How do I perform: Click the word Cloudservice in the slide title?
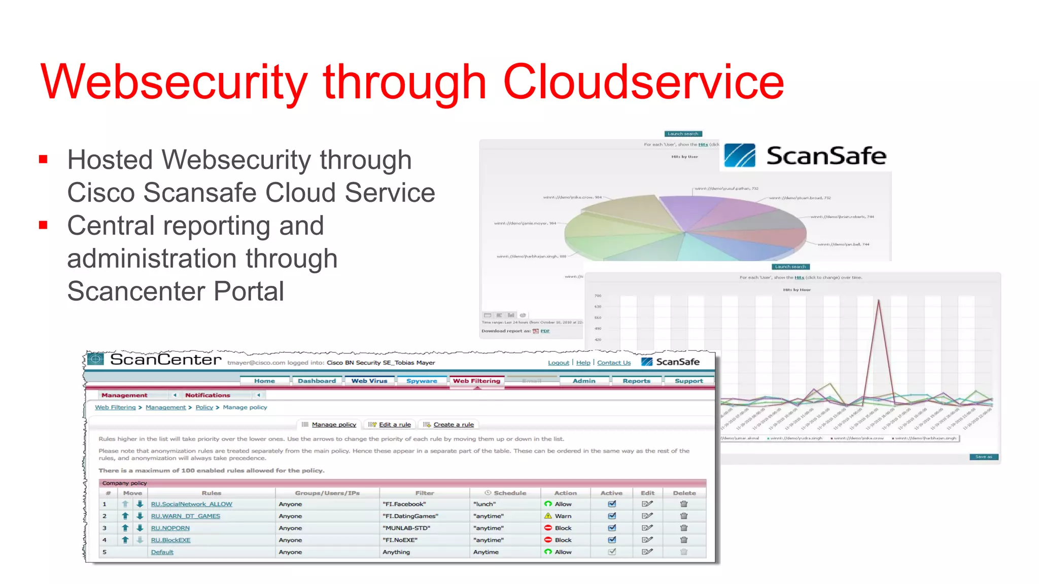pos(643,82)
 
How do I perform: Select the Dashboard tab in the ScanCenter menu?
pos(317,381)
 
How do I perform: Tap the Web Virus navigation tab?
pos(369,381)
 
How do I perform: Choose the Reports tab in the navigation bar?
pos(636,381)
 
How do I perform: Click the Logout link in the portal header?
pos(558,362)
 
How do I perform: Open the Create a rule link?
pos(454,424)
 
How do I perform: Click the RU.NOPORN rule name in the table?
pos(170,528)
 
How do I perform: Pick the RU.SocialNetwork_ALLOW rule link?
pos(191,504)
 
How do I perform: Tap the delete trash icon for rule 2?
pos(684,516)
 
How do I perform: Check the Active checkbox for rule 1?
pos(612,504)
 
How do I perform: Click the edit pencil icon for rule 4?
pos(647,540)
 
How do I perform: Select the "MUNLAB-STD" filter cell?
pos(406,528)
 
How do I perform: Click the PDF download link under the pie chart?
pos(545,331)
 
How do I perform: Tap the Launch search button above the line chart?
pos(790,267)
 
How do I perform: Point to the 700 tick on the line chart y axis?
pos(598,296)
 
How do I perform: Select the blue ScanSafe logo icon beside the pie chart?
pos(740,155)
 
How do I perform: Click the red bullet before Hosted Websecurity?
pos(43,160)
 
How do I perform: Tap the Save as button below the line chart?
pos(983,457)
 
